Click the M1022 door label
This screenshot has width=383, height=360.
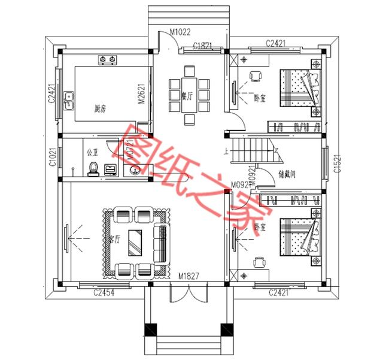coord(180,32)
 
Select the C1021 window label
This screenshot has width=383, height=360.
coord(53,157)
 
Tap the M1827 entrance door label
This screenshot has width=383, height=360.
coord(189,277)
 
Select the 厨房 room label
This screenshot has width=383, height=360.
coord(100,109)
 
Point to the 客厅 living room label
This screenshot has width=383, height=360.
coord(114,238)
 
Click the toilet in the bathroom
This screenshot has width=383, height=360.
coord(93,170)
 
